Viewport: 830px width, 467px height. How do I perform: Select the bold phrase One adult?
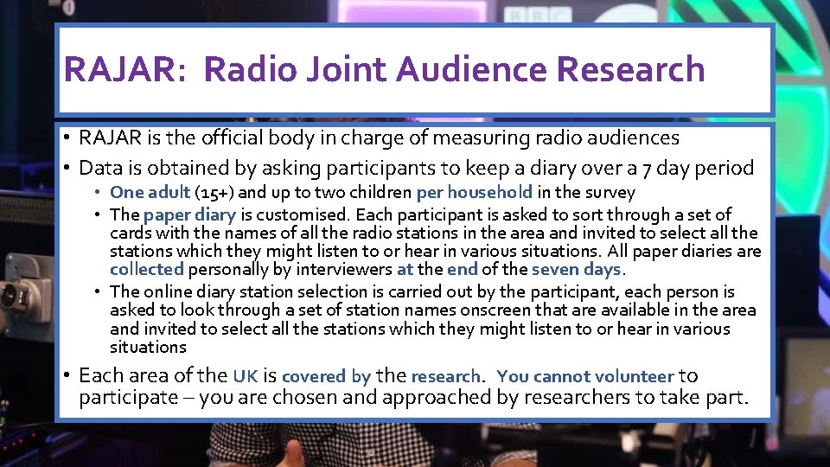[150, 193]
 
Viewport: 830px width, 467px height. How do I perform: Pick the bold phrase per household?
[475, 193]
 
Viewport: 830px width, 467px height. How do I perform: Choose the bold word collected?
[146, 270]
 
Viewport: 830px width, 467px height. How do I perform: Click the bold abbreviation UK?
[245, 376]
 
